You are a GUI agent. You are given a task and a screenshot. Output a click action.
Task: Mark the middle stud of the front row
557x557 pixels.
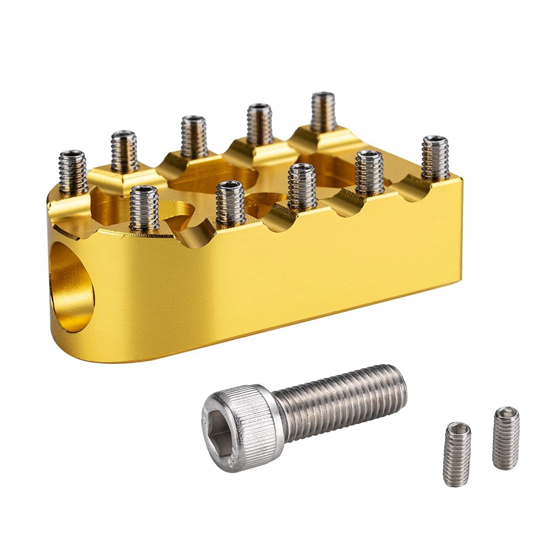[302, 186]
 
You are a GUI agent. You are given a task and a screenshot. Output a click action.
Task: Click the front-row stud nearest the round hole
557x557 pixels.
[144, 207]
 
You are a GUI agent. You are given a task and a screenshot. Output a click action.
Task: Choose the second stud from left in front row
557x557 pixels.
[230, 202]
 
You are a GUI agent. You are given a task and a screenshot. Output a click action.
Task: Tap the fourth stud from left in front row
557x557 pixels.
[369, 172]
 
